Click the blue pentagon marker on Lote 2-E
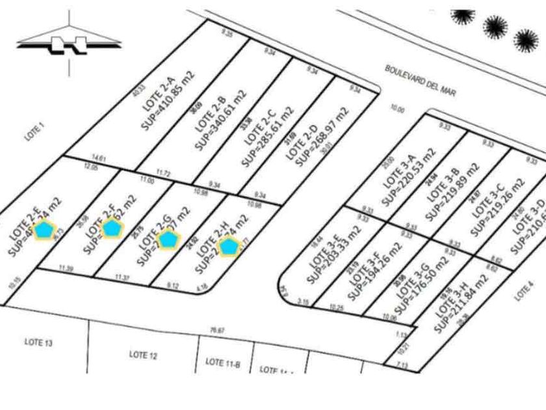44,229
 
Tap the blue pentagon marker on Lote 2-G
168,239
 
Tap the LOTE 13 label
38,342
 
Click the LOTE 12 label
143,355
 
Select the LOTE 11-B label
223,362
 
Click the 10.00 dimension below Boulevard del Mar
396,110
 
